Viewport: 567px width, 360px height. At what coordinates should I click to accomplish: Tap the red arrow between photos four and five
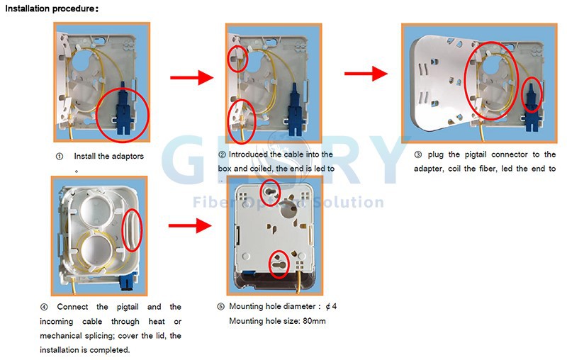click(x=191, y=227)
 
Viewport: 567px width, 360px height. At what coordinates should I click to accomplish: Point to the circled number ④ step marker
click(x=45, y=307)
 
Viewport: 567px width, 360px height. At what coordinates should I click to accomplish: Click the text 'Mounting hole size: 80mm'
click(x=277, y=321)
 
